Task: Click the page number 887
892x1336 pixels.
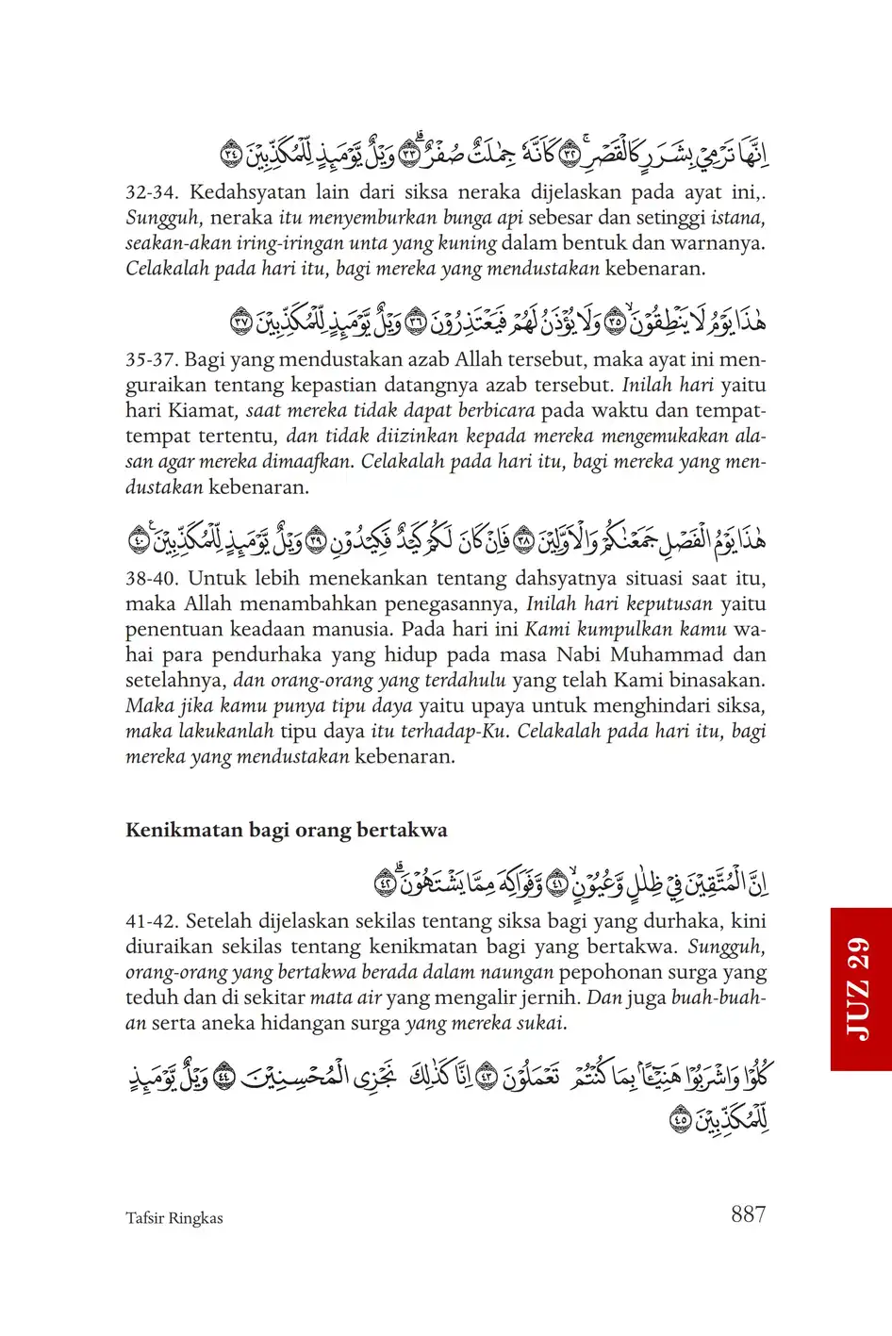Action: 748,1214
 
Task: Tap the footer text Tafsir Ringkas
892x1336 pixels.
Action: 174,1218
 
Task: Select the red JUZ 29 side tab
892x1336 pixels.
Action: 860,989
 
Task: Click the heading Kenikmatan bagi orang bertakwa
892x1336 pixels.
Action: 287,830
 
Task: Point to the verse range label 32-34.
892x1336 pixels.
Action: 151,193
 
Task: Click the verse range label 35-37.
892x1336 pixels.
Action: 151,360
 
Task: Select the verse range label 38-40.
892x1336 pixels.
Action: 151,579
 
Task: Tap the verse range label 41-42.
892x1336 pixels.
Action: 151,921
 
